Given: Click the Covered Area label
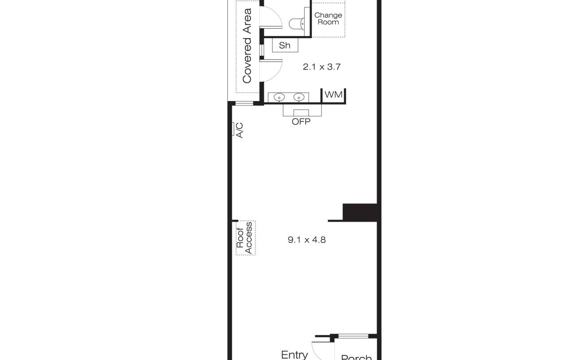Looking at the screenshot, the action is point(247,46).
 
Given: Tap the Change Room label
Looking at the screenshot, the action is point(328,19).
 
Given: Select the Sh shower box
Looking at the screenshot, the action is point(285,45).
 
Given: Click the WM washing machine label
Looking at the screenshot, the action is point(334,94).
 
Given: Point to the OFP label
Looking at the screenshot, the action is point(301,121).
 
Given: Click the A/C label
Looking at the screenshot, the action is point(240,130).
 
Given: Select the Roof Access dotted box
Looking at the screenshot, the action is point(245,238).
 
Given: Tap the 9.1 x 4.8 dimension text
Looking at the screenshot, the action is point(307,240).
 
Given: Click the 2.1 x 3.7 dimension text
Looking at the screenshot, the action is point(322,67).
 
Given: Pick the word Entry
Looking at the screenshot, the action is point(295,355).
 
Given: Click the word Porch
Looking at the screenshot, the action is point(357,357).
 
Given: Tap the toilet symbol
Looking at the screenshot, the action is point(297,24).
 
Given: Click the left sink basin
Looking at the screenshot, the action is point(279,97).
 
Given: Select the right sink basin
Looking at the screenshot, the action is point(299,97).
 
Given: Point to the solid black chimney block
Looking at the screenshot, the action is point(360,212).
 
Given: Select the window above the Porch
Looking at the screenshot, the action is point(353,336).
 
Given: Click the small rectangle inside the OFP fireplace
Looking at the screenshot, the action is point(301,113).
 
